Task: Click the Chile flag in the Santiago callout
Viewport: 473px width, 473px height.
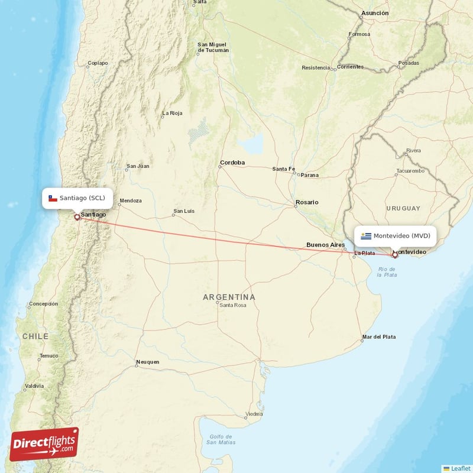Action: [53, 198]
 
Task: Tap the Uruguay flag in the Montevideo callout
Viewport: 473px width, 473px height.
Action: [367, 237]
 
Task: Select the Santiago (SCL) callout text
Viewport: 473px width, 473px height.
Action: [82, 198]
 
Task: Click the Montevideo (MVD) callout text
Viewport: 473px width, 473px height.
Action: [401, 237]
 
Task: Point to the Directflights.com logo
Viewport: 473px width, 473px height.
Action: [44, 444]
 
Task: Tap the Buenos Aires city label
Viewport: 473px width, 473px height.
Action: [325, 245]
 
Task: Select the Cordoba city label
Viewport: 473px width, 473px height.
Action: [232, 163]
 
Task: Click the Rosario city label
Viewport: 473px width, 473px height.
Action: [307, 202]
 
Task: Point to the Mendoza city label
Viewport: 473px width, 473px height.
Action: [131, 201]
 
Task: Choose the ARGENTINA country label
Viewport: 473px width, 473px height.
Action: [229, 297]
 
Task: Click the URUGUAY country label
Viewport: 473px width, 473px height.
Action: [403, 208]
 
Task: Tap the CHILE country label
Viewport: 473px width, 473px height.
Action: [35, 336]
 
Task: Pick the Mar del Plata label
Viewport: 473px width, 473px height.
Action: [379, 337]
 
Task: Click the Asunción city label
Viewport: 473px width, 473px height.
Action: [375, 12]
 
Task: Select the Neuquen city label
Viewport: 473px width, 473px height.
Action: [147, 362]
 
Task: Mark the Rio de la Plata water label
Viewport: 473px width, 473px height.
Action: [387, 272]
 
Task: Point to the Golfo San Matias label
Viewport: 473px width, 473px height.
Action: [222, 439]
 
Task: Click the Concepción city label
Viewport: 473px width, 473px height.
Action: [44, 304]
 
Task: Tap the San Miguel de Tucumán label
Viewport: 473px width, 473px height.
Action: [213, 47]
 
